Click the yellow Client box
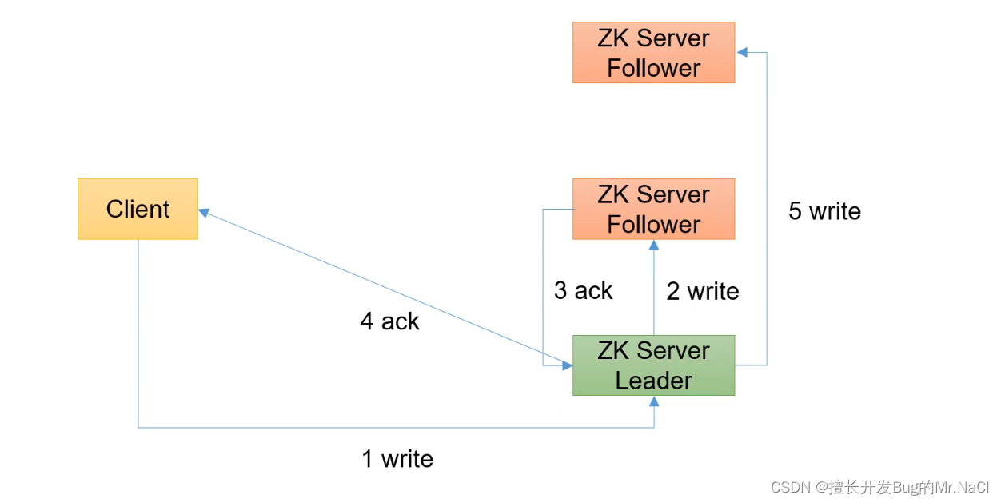(138, 209)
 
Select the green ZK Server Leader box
(654, 365)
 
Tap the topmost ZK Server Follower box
(654, 52)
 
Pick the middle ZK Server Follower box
(654, 209)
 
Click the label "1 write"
(397, 459)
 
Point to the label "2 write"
(703, 291)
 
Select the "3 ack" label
(583, 290)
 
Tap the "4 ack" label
(389, 321)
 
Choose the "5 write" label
(824, 210)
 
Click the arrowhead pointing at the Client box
(204, 213)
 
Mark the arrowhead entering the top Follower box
(742, 52)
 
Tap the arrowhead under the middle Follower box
(654, 245)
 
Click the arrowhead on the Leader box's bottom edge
(654, 401)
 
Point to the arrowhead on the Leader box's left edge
(567, 365)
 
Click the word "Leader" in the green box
(654, 381)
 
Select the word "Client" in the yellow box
(138, 209)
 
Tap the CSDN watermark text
(880, 487)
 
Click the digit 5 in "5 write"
(795, 210)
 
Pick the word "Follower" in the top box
(654, 68)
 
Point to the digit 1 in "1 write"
(367, 459)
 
